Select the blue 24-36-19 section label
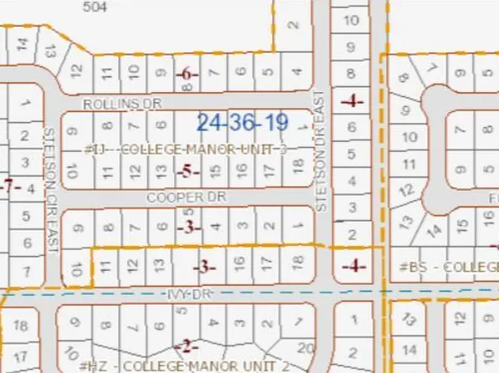click(x=243, y=123)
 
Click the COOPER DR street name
click(x=175, y=198)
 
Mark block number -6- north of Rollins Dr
click(x=188, y=74)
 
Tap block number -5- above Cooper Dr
click(x=188, y=171)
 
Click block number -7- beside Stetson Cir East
click(x=10, y=186)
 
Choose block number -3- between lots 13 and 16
click(x=204, y=268)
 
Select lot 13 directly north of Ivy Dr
click(x=157, y=267)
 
